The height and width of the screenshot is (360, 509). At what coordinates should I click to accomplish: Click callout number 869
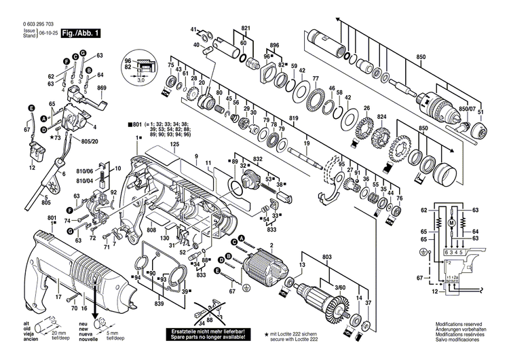click(x=102, y=88)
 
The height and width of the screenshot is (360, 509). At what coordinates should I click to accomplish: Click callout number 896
click(x=274, y=45)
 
